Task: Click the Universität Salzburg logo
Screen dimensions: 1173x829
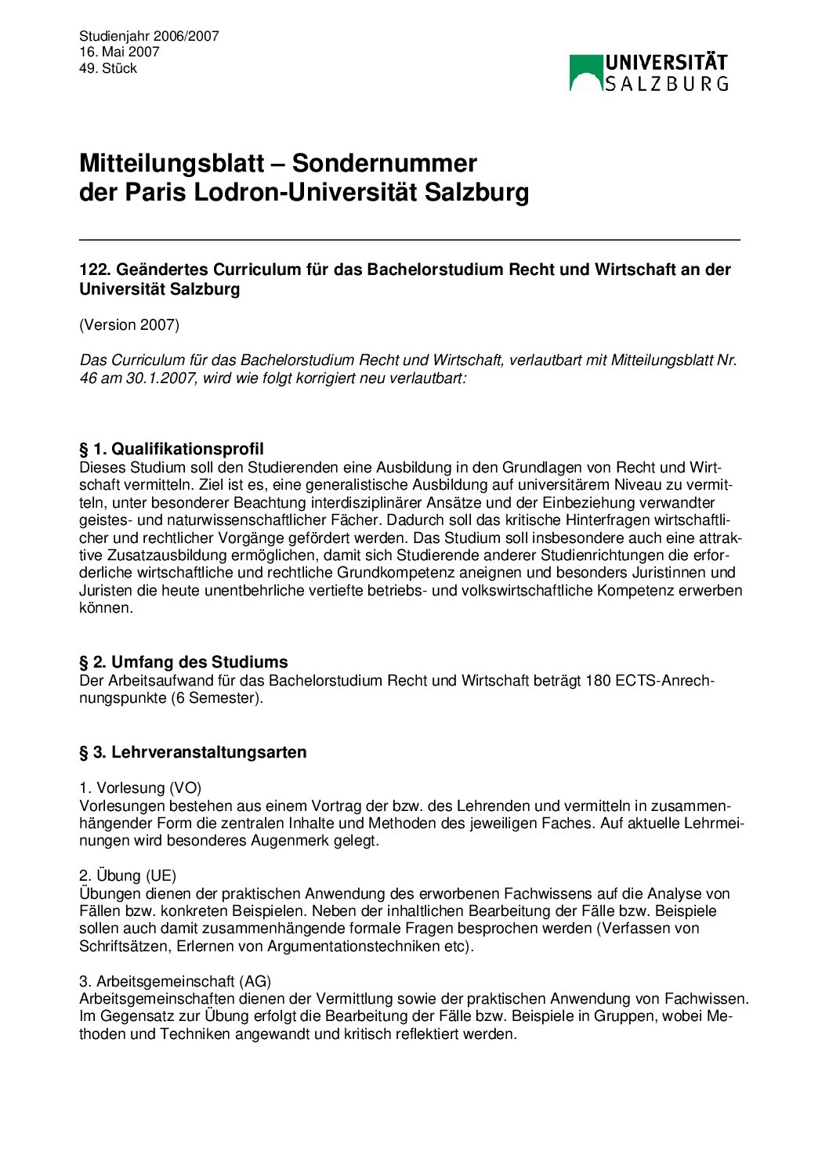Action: tap(649, 72)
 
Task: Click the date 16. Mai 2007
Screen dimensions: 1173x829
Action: tap(119, 52)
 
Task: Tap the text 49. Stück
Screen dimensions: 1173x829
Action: tap(108, 68)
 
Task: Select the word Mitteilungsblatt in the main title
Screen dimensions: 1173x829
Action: tap(172, 163)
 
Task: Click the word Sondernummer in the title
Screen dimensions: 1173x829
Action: tap(384, 163)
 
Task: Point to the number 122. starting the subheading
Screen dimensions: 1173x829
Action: tap(95, 270)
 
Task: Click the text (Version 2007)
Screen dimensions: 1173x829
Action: tap(129, 324)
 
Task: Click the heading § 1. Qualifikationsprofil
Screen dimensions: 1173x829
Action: tap(172, 449)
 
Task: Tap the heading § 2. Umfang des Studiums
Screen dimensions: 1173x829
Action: tap(183, 662)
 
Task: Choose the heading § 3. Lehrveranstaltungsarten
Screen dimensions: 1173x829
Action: tap(193, 752)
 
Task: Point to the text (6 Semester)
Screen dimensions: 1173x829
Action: tap(216, 697)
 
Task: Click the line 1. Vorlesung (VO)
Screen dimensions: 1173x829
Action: tap(140, 787)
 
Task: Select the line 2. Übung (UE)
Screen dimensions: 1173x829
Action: tap(128, 875)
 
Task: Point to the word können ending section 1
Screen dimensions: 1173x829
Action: tap(106, 607)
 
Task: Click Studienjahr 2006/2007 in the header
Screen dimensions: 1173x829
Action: tap(149, 36)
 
